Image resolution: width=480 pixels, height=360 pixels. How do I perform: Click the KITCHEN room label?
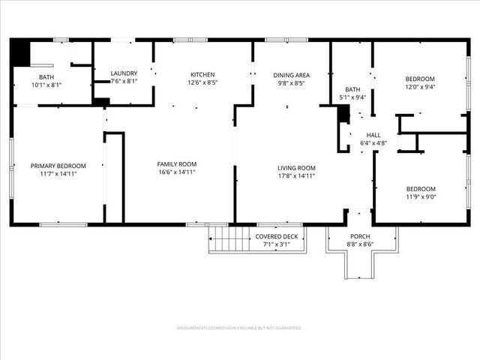(x=202, y=74)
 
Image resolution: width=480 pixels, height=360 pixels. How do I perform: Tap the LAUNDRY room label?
(x=124, y=73)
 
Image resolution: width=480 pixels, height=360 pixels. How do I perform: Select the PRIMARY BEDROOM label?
(x=58, y=166)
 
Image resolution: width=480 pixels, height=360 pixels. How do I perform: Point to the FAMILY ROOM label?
(x=176, y=164)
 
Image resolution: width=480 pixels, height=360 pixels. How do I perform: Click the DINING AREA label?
(x=291, y=74)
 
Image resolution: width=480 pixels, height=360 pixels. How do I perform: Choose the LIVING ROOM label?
(x=296, y=168)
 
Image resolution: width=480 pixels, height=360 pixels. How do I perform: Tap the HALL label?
(x=373, y=134)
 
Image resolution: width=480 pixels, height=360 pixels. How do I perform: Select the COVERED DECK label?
(x=277, y=237)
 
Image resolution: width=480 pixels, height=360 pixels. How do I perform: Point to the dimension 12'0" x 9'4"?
(x=420, y=86)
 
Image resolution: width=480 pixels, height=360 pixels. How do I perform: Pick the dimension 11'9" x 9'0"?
(x=421, y=197)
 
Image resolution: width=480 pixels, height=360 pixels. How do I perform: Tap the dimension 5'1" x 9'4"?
(x=352, y=97)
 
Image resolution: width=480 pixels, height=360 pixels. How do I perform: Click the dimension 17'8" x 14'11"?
(x=296, y=176)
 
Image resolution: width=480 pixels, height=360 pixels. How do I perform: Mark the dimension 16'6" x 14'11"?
(x=176, y=172)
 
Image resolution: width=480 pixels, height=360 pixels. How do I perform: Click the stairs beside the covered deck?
(x=229, y=238)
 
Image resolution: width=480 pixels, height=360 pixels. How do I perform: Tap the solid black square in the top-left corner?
(x=20, y=53)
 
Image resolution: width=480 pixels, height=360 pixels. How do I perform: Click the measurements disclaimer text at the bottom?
(x=238, y=328)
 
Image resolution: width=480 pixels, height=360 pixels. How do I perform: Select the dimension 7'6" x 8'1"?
(x=124, y=81)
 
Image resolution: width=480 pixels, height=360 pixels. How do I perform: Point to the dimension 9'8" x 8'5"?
(x=291, y=83)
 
